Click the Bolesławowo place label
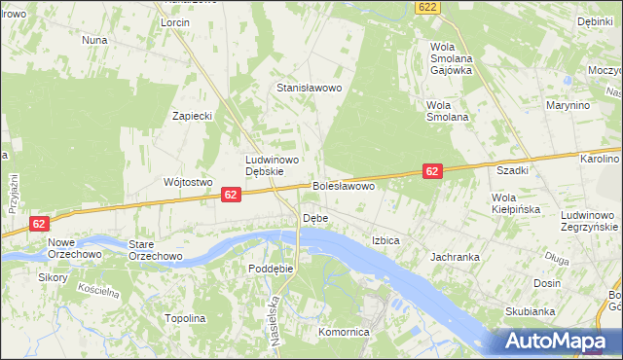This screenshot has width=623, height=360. pos(344,185)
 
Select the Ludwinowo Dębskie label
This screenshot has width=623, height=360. pos(272,165)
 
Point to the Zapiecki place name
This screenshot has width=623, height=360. pos(193,116)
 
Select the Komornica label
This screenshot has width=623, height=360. pos(346,332)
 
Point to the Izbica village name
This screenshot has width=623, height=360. pos(386,239)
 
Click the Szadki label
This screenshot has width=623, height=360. pos(512,170)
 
